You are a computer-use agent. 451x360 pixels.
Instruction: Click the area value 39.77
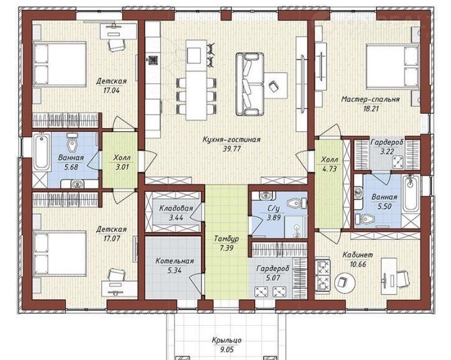click(x=231, y=149)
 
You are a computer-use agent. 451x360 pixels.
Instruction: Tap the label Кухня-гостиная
click(x=231, y=140)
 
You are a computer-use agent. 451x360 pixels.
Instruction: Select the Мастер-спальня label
click(x=370, y=99)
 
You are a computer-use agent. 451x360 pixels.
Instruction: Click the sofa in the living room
click(x=249, y=85)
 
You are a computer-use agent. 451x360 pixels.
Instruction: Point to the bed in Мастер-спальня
click(x=393, y=67)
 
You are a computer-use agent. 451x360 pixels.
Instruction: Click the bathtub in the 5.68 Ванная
click(x=42, y=152)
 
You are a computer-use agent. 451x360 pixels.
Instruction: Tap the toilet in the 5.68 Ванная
click(x=72, y=142)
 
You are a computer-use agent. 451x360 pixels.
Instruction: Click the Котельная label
click(x=174, y=261)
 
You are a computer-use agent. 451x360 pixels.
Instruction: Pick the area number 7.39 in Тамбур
click(x=226, y=247)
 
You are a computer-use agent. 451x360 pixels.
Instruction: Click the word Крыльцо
click(x=226, y=340)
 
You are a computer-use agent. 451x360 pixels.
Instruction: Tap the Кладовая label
click(x=176, y=208)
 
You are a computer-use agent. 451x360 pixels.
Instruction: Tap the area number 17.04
click(x=111, y=90)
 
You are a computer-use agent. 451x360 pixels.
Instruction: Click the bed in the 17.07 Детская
click(x=60, y=254)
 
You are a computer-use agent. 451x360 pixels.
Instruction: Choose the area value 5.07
click(x=272, y=278)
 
